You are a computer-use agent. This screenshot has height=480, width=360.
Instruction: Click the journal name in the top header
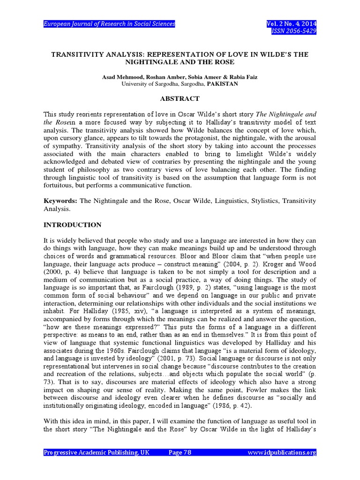[109, 24]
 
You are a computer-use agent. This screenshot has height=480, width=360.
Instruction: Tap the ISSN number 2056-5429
[298, 31]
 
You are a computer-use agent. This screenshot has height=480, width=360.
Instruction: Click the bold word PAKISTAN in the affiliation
[223, 84]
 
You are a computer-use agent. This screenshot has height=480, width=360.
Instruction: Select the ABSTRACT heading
[180, 99]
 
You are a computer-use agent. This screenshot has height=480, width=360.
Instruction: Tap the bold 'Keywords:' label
[61, 201]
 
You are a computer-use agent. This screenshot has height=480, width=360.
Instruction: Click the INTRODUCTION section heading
[72, 225]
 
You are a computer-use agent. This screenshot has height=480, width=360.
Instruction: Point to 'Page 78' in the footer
[180, 452]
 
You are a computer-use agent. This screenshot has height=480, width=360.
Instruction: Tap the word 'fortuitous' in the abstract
[60, 185]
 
